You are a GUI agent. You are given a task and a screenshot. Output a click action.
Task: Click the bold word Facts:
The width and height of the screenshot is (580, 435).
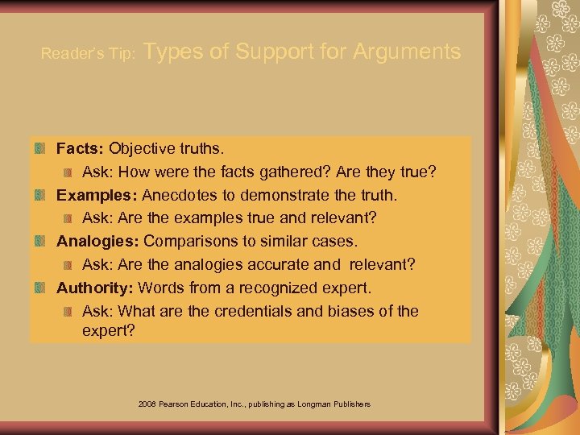pos(80,149)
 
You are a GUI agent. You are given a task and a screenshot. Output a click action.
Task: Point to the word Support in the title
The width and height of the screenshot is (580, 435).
pos(272,52)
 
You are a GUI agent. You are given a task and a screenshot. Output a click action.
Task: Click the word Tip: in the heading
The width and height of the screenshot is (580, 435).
pos(128,55)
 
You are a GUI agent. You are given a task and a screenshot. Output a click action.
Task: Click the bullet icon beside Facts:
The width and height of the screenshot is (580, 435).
pos(40,149)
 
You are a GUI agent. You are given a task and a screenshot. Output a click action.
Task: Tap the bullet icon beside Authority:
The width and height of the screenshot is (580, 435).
pos(40,288)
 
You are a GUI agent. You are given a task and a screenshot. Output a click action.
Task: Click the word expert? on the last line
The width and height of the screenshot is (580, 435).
pos(108,330)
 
